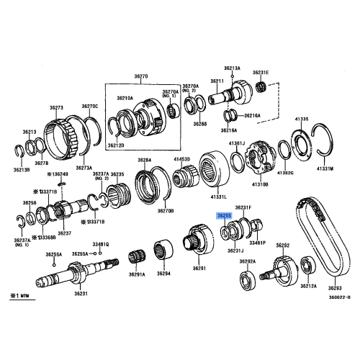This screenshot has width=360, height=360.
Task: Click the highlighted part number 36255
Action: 225,215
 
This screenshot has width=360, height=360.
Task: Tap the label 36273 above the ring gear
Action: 57,108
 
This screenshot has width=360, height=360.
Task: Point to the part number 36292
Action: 282,246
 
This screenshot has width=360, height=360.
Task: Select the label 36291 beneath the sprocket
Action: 199,269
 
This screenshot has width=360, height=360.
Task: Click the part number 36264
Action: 145,160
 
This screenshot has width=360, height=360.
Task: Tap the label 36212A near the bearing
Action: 309,286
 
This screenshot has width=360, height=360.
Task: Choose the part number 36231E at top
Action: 260,73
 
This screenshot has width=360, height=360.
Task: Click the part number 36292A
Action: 248,261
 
